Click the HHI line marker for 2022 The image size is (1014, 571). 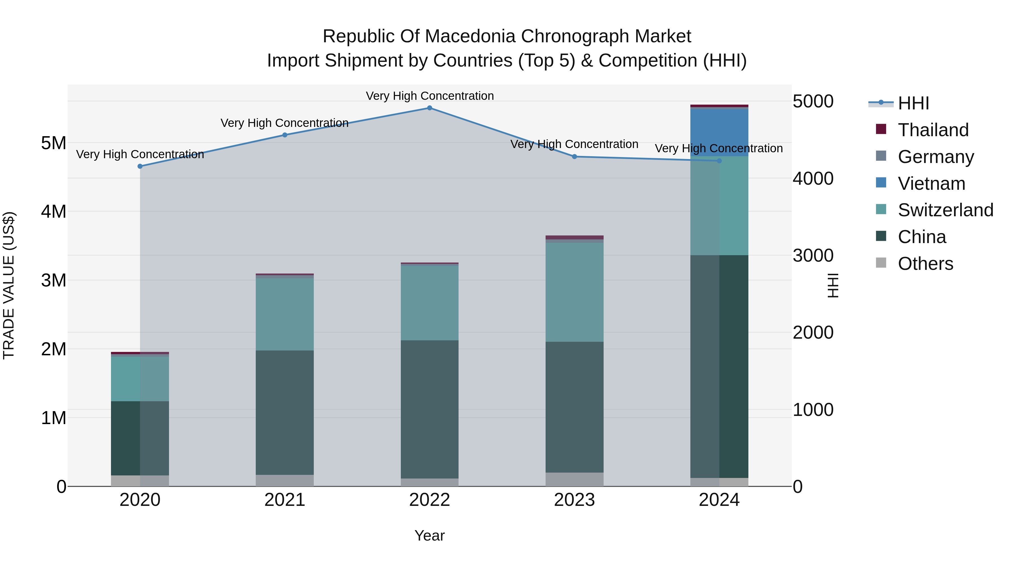pyautogui.click(x=430, y=108)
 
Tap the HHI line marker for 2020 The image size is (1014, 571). pyautogui.click(x=140, y=166)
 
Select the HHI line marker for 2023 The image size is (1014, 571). pyautogui.click(x=574, y=157)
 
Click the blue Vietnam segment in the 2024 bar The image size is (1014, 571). pyautogui.click(x=719, y=133)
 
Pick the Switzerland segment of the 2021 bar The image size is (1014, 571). pyautogui.click(x=284, y=314)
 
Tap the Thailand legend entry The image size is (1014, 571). pyautogui.click(x=933, y=130)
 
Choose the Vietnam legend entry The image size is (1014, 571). pyautogui.click(x=931, y=184)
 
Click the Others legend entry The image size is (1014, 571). pyautogui.click(x=926, y=264)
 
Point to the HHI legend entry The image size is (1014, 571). pyautogui.click(x=913, y=103)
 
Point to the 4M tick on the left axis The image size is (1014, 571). pyautogui.click(x=54, y=211)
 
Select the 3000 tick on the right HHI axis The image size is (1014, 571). pyautogui.click(x=813, y=255)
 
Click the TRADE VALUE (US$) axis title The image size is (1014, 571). pyautogui.click(x=9, y=285)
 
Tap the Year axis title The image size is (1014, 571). pyautogui.click(x=430, y=535)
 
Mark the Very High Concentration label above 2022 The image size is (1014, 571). pyautogui.click(x=430, y=96)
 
